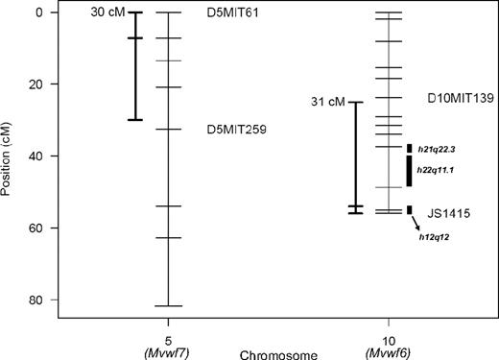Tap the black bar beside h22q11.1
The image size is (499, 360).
[x=410, y=171]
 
